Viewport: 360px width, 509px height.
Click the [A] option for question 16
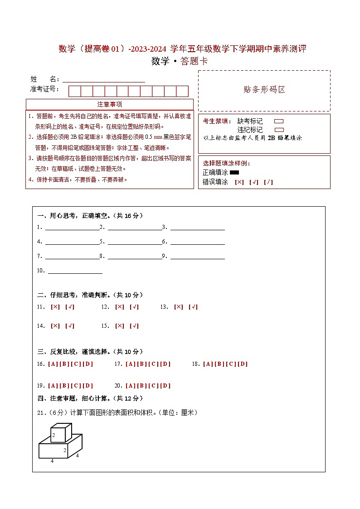point(53,364)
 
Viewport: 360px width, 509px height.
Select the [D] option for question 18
point(243,364)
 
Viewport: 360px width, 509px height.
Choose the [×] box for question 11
point(55,307)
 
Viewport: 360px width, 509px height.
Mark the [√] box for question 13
point(193,307)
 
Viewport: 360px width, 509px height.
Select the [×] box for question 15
point(120,326)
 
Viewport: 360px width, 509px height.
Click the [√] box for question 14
point(70,326)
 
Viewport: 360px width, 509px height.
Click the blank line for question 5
point(135,242)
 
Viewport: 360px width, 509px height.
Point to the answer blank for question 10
point(75,271)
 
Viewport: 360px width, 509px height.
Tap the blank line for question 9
point(197,257)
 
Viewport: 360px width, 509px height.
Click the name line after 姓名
point(104,79)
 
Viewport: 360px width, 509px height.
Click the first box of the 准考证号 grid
point(74,91)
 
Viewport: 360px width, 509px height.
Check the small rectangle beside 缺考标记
point(279,121)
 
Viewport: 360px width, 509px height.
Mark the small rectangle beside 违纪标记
point(279,130)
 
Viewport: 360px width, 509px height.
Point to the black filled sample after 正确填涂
point(234,172)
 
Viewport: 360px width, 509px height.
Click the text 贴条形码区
point(264,90)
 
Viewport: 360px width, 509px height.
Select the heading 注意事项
point(110,104)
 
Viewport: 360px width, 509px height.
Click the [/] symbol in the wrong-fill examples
point(268,182)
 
